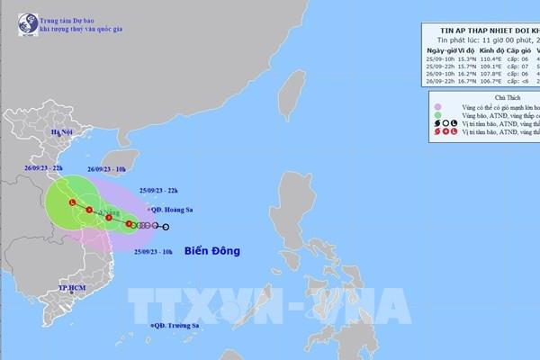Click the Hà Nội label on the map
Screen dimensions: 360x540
click(35, 131)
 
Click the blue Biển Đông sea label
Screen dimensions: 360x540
click(212, 251)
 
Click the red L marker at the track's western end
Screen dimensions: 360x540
click(72, 203)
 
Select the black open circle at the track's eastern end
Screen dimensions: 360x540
click(165, 226)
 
